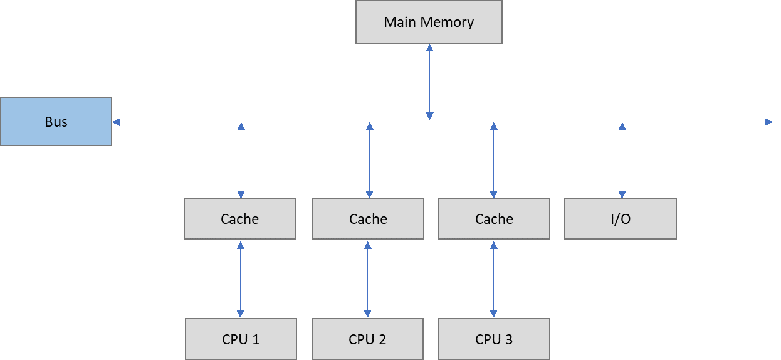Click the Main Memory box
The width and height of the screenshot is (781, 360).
pyautogui.click(x=429, y=22)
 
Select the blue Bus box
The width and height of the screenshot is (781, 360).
pyautogui.click(x=56, y=122)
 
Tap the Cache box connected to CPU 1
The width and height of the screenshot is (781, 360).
pyautogui.click(x=239, y=219)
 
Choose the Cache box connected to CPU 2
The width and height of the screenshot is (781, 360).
pyautogui.click(x=368, y=219)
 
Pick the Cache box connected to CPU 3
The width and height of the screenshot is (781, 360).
pyautogui.click(x=494, y=219)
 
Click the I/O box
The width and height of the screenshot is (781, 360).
pyautogui.click(x=620, y=219)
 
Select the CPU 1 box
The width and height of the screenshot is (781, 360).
pyautogui.click(x=241, y=339)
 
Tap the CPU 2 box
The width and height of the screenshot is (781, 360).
pyautogui.click(x=367, y=339)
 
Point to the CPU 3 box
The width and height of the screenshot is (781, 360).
pyautogui.click(x=494, y=339)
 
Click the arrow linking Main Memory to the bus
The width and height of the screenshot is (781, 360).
pyautogui.click(x=429, y=82)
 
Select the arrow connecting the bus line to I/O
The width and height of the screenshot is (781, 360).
pyautogui.click(x=622, y=160)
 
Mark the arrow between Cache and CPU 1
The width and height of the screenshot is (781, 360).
pyautogui.click(x=240, y=278)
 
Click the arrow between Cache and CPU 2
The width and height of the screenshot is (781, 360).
pyautogui.click(x=367, y=278)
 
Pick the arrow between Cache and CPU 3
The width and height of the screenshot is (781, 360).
pyautogui.click(x=493, y=278)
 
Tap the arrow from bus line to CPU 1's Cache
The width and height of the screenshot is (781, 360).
pyautogui.click(x=241, y=160)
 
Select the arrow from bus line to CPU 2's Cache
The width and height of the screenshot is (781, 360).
pyautogui.click(x=369, y=160)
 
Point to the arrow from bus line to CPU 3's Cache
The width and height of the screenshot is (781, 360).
pyautogui.click(x=493, y=160)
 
